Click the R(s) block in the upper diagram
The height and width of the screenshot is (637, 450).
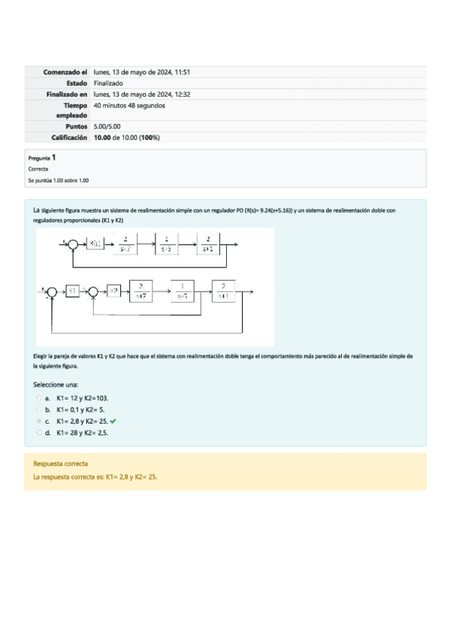click(x=95, y=243)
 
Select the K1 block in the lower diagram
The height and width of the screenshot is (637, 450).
click(x=72, y=291)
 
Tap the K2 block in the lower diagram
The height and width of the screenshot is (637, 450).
click(x=113, y=291)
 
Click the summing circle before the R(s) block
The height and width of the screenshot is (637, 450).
click(x=72, y=243)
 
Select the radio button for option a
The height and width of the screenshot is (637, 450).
click(x=38, y=399)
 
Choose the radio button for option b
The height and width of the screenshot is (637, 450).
click(x=38, y=410)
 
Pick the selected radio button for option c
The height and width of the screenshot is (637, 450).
click(x=38, y=421)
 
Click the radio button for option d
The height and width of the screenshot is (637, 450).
click(x=38, y=433)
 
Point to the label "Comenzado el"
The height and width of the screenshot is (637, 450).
click(x=65, y=72)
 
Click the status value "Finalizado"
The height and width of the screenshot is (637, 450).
click(x=109, y=83)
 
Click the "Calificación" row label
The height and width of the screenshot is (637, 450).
click(x=69, y=137)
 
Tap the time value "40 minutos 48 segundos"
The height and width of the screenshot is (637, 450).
click(x=129, y=105)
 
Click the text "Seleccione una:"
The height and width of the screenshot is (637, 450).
click(x=56, y=384)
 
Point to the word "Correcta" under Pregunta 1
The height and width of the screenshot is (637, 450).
click(x=38, y=169)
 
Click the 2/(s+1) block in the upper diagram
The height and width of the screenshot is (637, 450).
click(x=207, y=243)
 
